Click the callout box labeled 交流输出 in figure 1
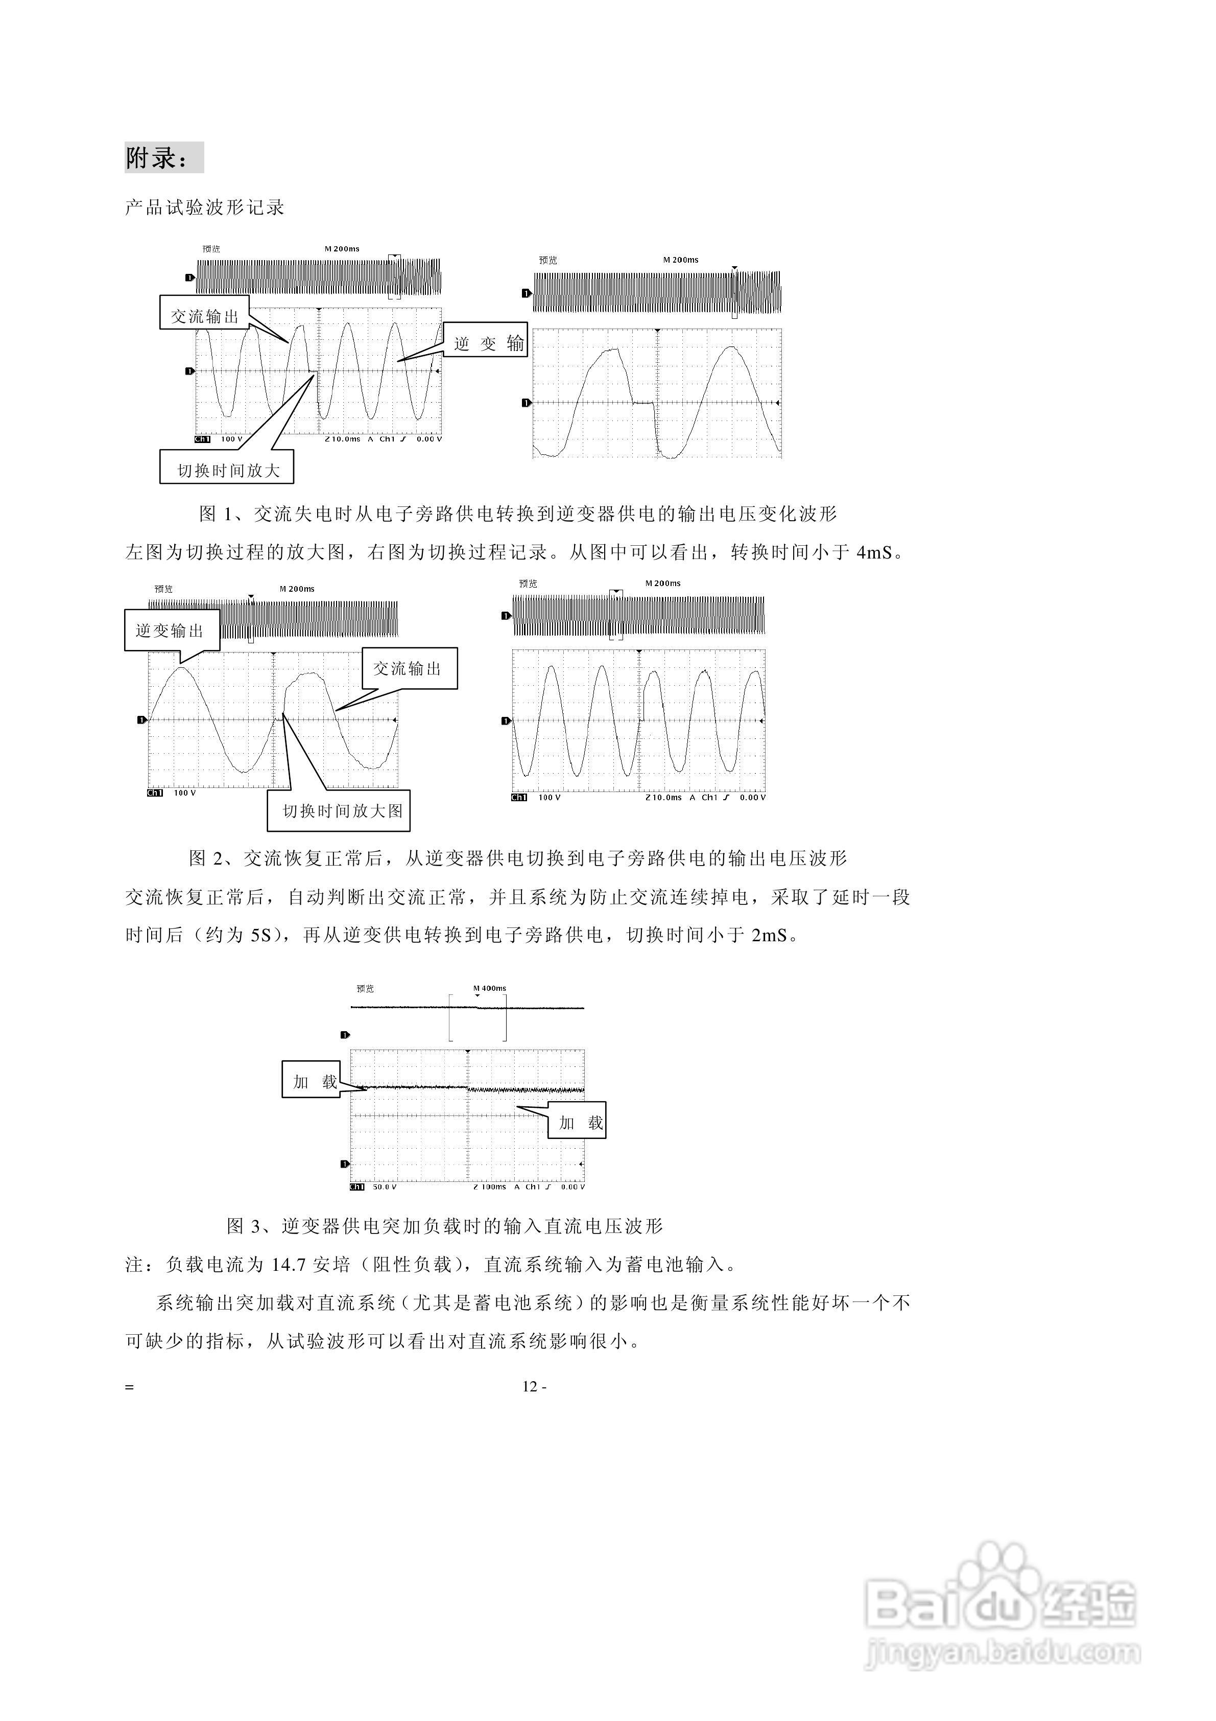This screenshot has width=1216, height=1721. pos(204,316)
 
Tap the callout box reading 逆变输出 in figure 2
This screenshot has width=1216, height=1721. pos(170,631)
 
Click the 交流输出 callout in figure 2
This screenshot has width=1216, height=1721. pos(409,668)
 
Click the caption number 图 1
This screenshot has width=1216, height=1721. pos(217,514)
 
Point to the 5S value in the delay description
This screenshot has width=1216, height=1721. pos(259,936)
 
